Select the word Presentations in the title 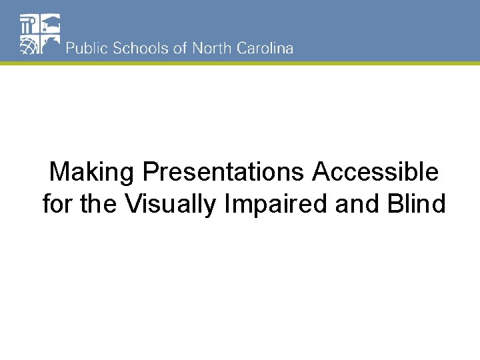224,173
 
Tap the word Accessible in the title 376,173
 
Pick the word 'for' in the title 58,204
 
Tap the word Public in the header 86,49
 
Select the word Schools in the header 137,49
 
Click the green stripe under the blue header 240,63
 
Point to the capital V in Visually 132,204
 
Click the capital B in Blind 393,204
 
